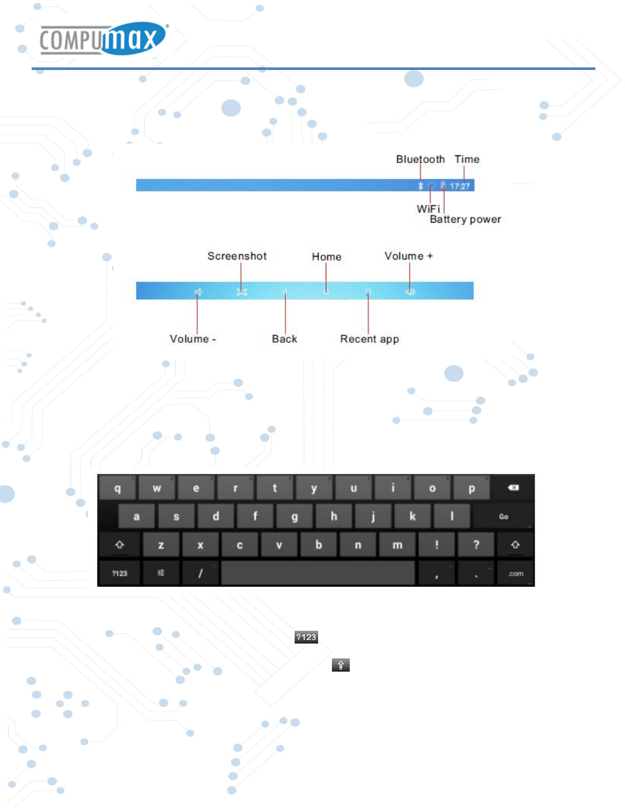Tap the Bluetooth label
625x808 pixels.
point(420,159)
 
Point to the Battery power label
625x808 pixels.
point(465,219)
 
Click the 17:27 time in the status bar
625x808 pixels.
point(460,186)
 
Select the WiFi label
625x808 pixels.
point(428,209)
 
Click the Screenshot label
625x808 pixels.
point(237,256)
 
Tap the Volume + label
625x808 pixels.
point(408,256)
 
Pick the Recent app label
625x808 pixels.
point(369,339)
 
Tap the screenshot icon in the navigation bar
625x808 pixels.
point(242,292)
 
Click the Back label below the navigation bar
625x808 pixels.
point(284,339)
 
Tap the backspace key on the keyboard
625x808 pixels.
point(513,488)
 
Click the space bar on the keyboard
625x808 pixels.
point(318,573)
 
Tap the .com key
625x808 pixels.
point(516,574)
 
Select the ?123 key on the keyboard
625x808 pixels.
point(119,574)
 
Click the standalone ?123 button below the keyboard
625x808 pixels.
point(306,637)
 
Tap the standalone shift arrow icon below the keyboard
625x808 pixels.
point(341,665)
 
